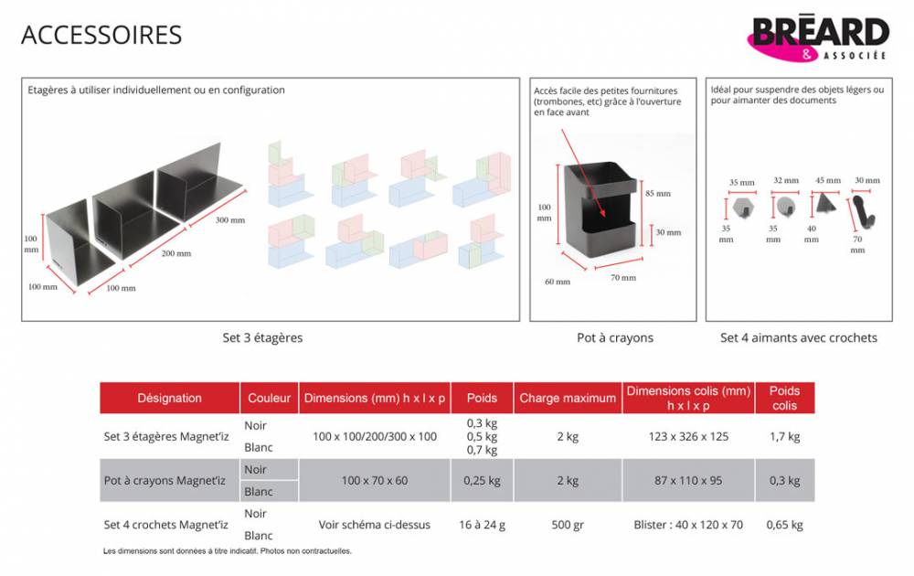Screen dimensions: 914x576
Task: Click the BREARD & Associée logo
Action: [818, 38]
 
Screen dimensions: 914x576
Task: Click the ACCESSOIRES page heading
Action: [101, 35]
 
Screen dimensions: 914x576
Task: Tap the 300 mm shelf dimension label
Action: [230, 219]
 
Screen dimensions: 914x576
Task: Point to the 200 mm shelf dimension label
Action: [176, 253]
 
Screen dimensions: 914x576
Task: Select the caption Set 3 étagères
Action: [262, 337]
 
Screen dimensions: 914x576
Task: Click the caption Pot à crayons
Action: [615, 337]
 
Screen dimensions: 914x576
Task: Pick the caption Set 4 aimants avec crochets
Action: [799, 337]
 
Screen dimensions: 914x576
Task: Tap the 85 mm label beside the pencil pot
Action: [658, 194]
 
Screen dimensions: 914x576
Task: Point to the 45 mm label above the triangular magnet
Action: [828, 180]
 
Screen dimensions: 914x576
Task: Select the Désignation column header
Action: [170, 399]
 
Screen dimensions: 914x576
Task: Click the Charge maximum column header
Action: [568, 399]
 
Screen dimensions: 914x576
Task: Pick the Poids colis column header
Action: [784, 399]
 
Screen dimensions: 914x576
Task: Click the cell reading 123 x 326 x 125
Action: [688, 437]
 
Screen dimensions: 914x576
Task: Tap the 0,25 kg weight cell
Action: [482, 481]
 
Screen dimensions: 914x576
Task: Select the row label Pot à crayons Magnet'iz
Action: [165, 481]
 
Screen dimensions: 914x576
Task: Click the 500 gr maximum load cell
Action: [568, 525]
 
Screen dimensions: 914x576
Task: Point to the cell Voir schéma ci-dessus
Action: [374, 525]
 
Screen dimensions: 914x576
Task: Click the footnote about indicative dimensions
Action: [228, 551]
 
